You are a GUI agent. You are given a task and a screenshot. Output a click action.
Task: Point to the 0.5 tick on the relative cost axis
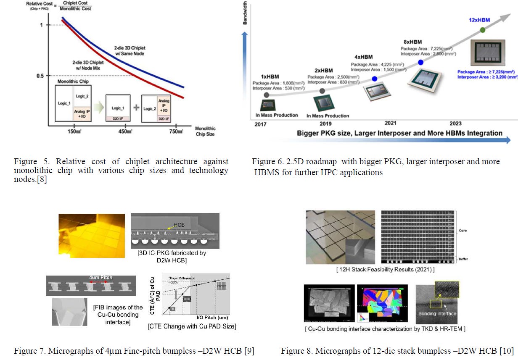tap(40, 76)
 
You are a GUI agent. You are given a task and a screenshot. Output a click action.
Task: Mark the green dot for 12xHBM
tap(482, 30)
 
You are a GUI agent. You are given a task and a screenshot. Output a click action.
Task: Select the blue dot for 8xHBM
tap(420, 63)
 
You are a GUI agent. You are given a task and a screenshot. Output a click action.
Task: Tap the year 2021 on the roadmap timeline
tap(391, 123)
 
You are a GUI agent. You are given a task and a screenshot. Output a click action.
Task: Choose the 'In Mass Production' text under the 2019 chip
tap(328, 116)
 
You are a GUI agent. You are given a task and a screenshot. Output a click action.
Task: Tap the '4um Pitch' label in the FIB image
tap(100, 278)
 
